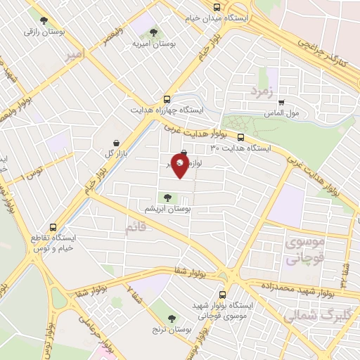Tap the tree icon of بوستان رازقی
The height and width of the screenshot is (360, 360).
(44, 20)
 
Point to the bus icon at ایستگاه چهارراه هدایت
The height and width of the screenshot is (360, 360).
(167, 99)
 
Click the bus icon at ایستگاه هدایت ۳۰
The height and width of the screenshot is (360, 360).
(241, 137)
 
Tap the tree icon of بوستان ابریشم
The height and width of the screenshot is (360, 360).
(167, 198)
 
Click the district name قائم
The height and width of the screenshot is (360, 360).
(136, 228)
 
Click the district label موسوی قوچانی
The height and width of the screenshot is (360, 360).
(304, 250)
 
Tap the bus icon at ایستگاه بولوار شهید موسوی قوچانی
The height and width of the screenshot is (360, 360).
(222, 295)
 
